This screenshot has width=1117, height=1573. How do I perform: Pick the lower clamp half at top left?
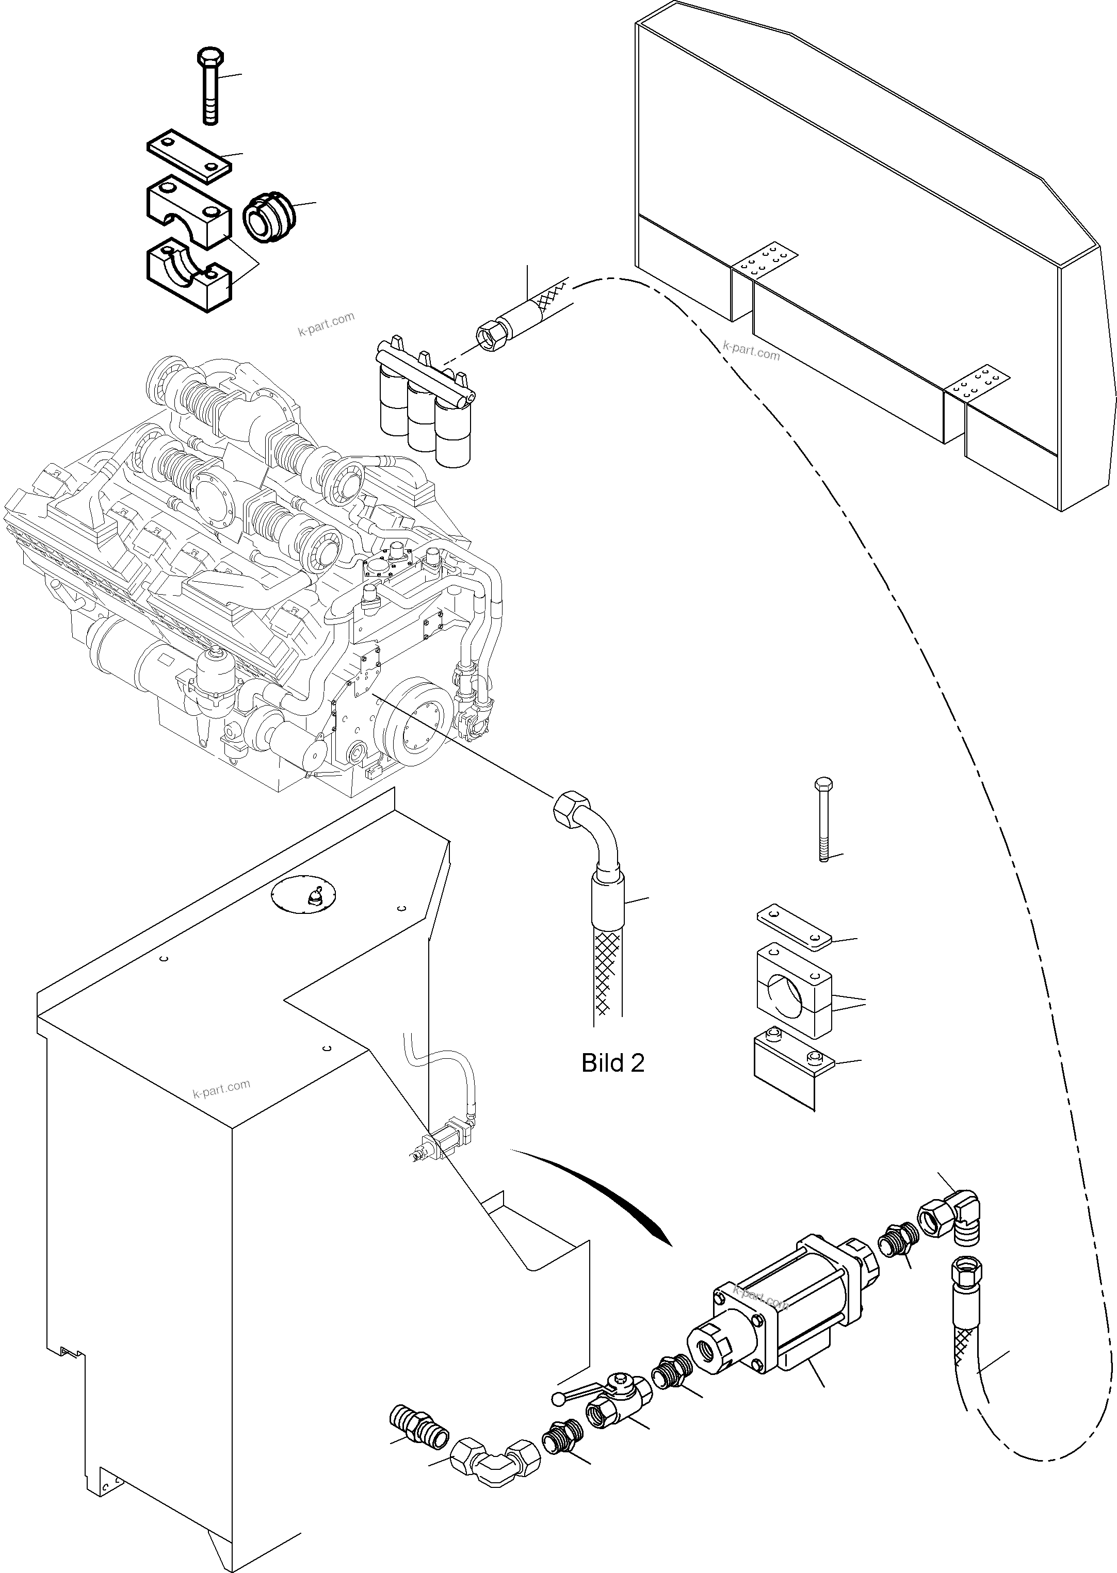point(188,274)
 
